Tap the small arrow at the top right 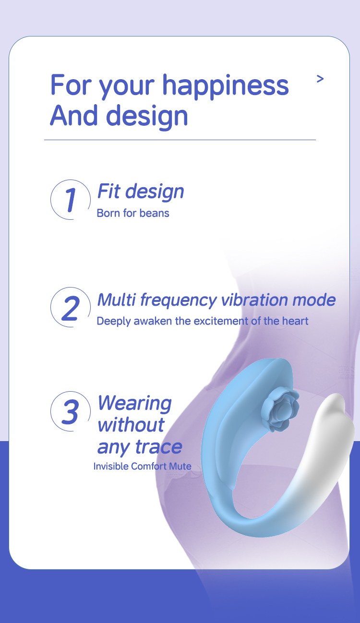(320, 79)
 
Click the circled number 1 (71, 199)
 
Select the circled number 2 (71, 307)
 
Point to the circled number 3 (71, 411)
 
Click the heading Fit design (141, 192)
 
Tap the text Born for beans (133, 213)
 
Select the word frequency (179, 301)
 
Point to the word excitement (221, 321)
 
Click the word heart (295, 321)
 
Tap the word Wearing (135, 404)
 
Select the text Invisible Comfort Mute (143, 466)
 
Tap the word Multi (117, 300)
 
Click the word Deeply (113, 322)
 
